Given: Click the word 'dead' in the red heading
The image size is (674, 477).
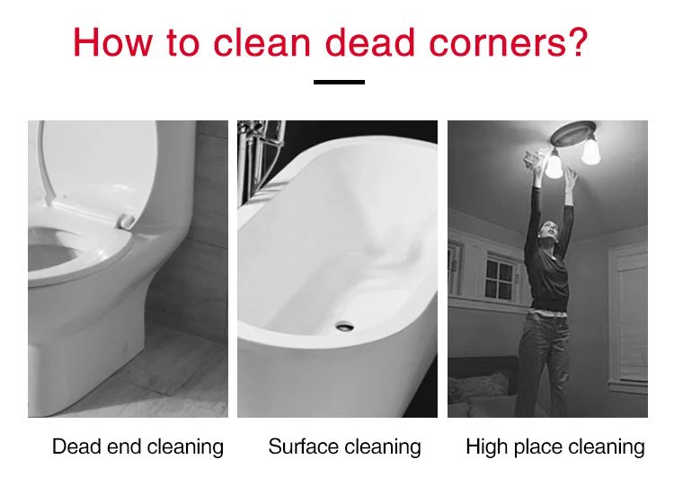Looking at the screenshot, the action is click(370, 42).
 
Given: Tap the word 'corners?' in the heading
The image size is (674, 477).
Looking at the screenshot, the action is click(509, 42).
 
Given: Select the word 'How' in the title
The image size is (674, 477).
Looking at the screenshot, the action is click(112, 42).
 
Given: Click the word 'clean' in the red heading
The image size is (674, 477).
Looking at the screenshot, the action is click(262, 42).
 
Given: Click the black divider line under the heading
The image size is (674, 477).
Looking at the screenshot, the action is click(339, 82).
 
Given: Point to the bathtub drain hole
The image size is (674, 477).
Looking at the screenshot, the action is click(345, 327).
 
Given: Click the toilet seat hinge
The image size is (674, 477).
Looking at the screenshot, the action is click(126, 221).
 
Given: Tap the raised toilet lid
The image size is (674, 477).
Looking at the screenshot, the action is click(97, 163).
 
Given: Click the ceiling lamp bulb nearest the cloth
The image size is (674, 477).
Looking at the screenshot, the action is click(554, 167).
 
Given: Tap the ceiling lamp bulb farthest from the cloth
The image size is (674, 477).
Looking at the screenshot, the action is click(591, 152).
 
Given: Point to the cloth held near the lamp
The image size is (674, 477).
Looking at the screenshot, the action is click(536, 159).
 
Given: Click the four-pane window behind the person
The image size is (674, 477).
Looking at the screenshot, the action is click(500, 278).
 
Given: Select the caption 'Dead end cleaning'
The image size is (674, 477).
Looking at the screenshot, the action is click(138, 447).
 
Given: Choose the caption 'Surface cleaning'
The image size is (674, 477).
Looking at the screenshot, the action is click(345, 447).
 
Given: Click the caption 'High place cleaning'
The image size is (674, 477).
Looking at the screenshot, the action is click(555, 447).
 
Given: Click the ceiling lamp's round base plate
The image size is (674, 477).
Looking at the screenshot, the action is click(573, 133).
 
